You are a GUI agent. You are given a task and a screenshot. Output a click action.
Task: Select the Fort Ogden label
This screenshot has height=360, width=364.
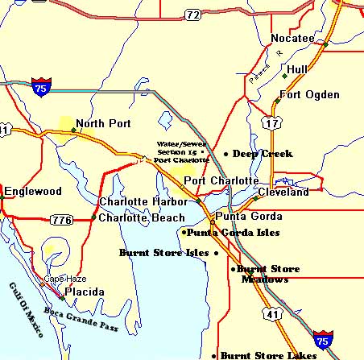(x=305, y=95)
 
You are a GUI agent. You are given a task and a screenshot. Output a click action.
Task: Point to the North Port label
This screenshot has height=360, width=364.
(x=102, y=124)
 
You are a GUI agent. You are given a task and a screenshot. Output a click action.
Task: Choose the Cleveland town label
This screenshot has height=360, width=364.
(x=283, y=192)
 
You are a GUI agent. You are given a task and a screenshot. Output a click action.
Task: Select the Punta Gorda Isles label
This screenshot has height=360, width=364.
(x=233, y=233)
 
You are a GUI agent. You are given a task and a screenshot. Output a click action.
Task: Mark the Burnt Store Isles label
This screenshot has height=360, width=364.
(x=164, y=252)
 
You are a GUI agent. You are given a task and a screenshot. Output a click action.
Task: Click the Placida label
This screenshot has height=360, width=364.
(x=84, y=291)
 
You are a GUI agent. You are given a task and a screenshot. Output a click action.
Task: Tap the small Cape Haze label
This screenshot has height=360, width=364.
(x=60, y=279)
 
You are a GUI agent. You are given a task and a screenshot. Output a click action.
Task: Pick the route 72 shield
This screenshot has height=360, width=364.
(x=192, y=14)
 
